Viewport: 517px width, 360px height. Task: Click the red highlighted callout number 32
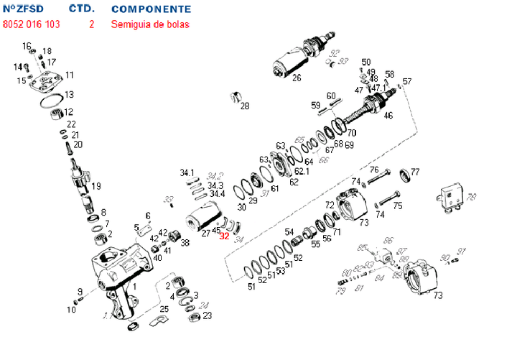point(225,234)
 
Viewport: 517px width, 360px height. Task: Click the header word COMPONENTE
point(152,9)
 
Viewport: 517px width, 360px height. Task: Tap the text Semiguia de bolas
point(150,24)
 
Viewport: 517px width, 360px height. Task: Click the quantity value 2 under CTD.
point(91,24)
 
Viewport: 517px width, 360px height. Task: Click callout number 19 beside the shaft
point(96,186)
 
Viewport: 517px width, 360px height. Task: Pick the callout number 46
point(388,115)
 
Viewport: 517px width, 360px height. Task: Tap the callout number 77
point(414,172)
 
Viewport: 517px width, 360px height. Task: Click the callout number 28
point(245,106)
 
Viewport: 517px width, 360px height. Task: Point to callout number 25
point(164,309)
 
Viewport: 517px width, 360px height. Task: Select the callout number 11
point(70,75)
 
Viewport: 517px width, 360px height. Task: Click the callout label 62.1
point(302,171)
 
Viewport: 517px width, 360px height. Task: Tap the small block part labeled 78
point(449,194)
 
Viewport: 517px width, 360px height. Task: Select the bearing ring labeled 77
point(403,173)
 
